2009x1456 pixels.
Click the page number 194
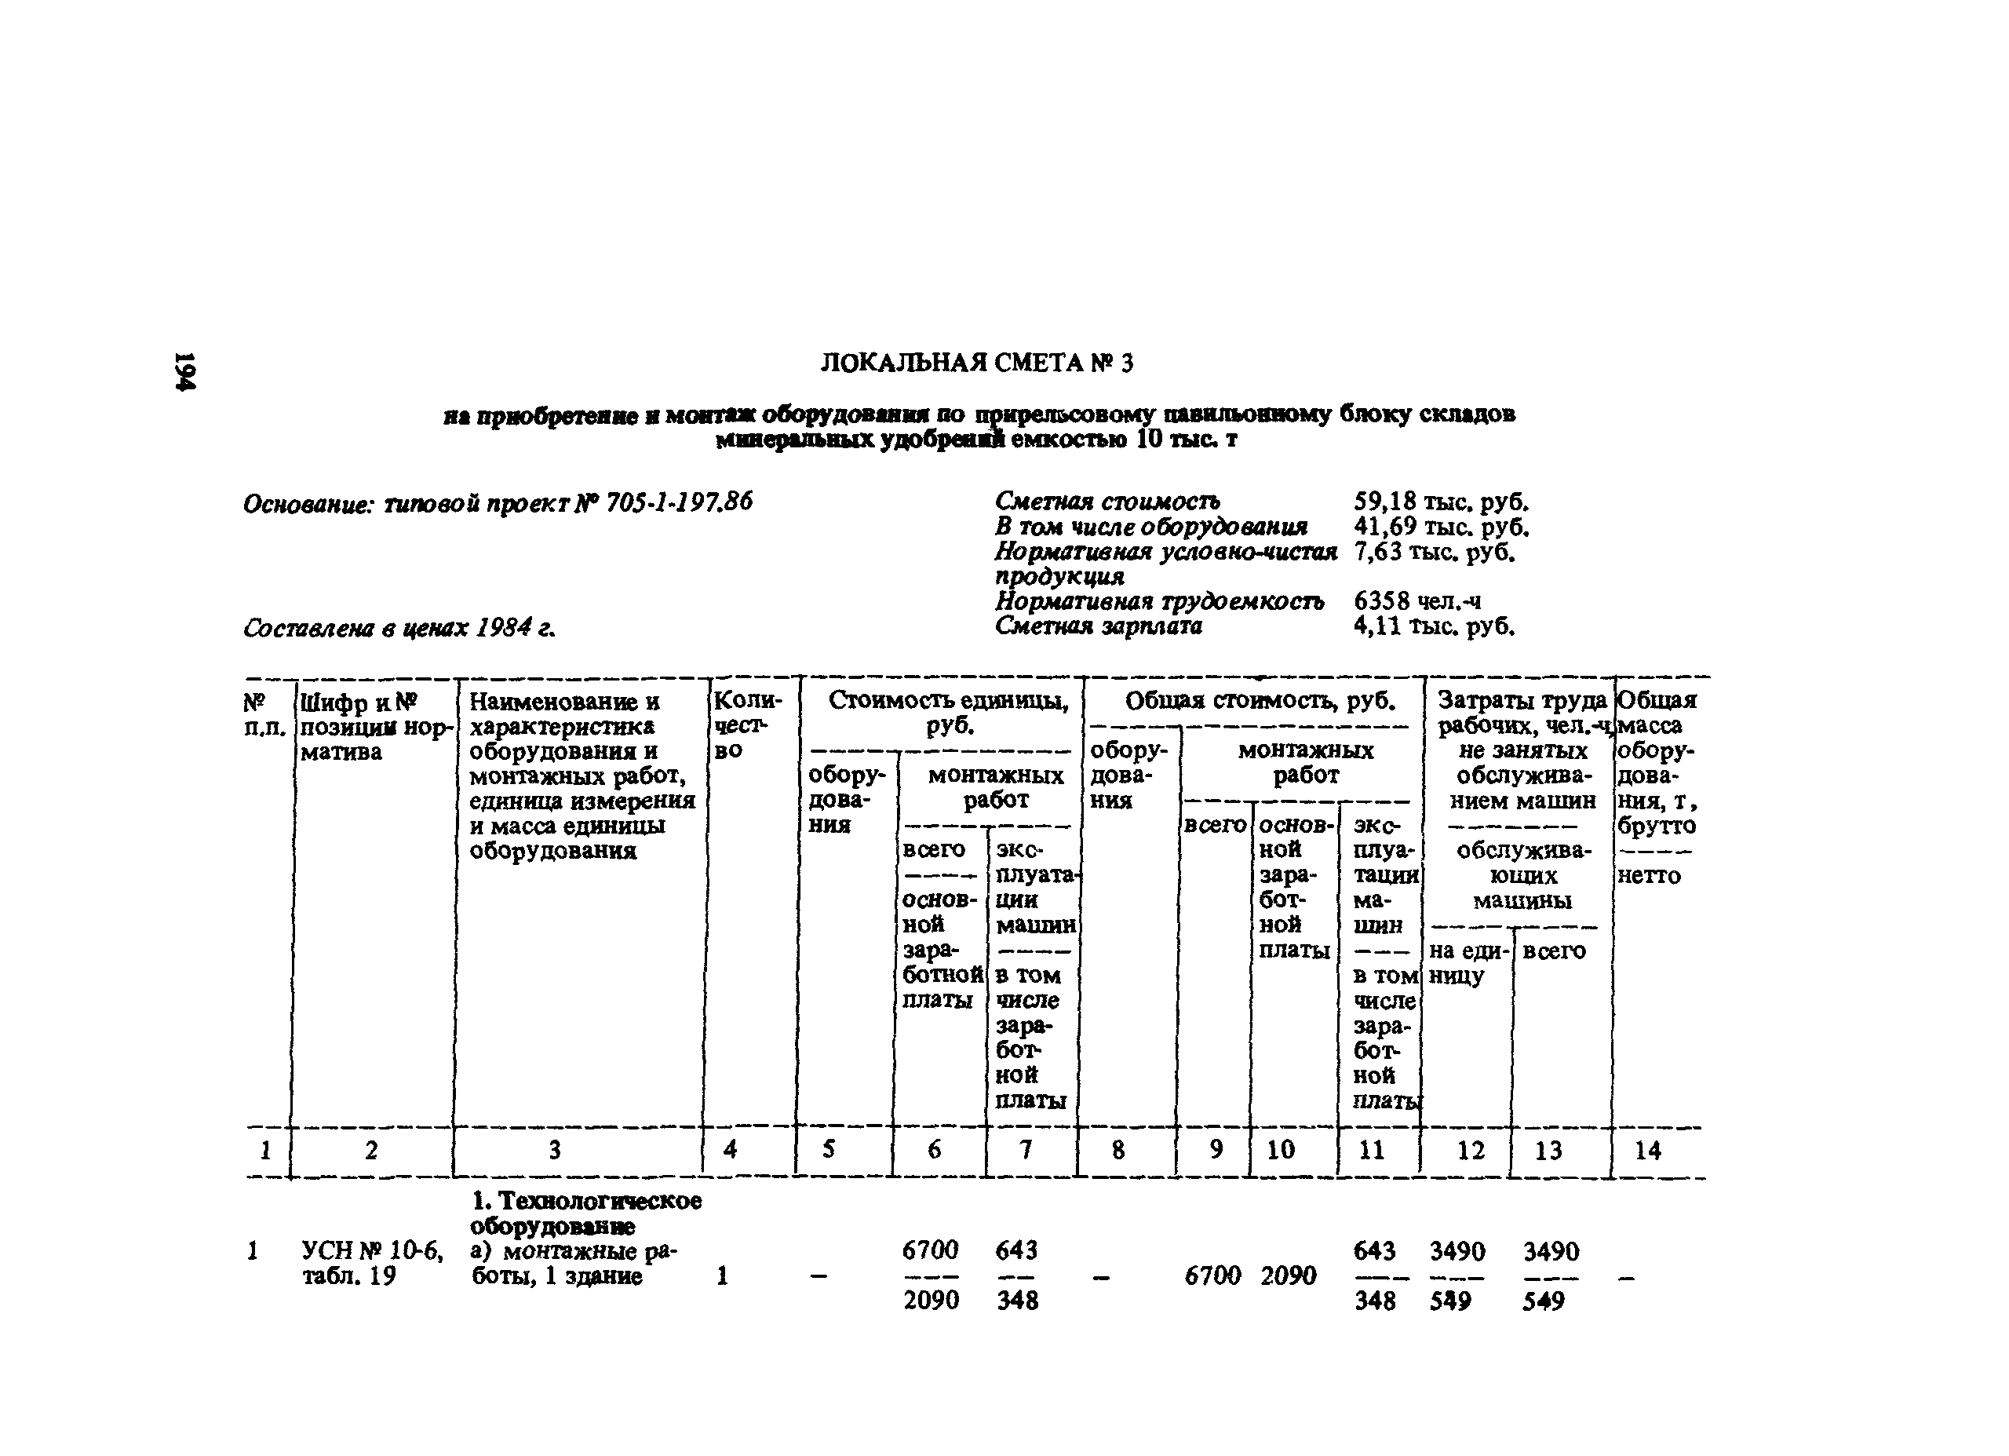point(185,370)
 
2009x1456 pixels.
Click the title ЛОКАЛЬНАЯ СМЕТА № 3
point(976,363)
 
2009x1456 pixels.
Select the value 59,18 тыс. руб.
point(1441,502)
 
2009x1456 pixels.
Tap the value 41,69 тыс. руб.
point(1441,527)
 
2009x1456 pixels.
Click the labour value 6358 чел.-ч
point(1417,602)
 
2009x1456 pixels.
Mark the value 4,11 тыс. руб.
point(1434,626)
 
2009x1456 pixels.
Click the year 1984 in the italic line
point(503,628)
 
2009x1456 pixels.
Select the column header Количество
point(748,725)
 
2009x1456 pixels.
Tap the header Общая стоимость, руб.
point(1260,702)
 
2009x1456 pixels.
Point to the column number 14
point(1646,1151)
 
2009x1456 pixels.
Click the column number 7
point(1026,1150)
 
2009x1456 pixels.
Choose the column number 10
point(1281,1150)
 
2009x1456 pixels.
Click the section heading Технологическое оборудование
point(585,1213)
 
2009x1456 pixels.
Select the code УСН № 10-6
point(373,1250)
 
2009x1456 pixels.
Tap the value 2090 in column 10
point(1288,1275)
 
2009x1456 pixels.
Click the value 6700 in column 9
point(1212,1275)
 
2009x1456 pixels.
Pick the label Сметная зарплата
point(1099,626)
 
